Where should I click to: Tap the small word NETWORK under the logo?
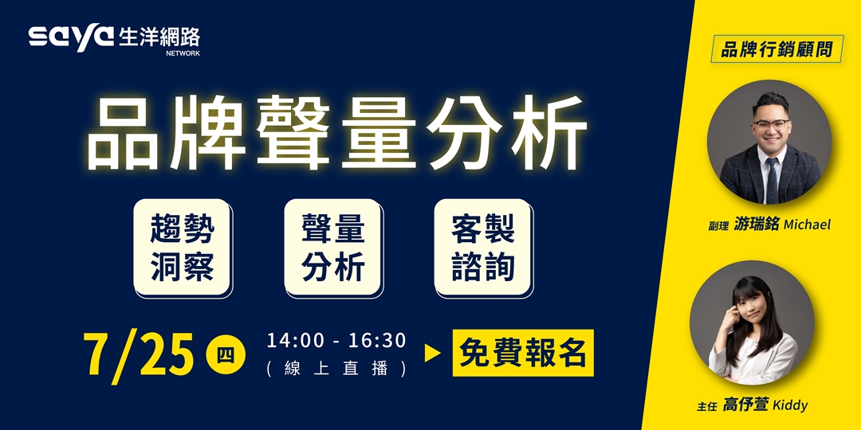183,53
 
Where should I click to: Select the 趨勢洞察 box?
182,248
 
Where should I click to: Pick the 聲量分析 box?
332,248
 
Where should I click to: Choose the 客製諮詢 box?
483,248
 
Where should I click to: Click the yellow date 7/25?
140,354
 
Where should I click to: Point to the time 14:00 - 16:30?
336,341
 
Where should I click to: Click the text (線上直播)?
336,369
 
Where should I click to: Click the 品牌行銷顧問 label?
776,49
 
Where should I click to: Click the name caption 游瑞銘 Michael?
781,225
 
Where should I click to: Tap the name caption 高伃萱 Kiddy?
765,405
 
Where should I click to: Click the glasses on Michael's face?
770,125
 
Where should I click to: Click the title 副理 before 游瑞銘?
718,226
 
